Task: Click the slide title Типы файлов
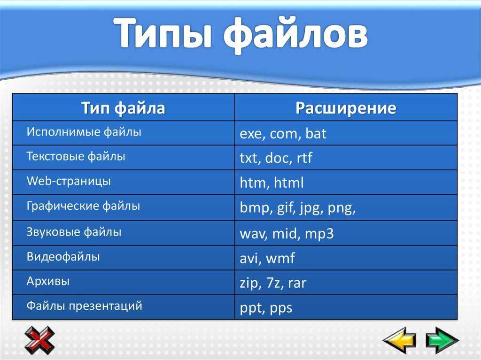tap(240, 35)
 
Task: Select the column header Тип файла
tap(124, 108)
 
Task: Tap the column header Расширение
tap(346, 108)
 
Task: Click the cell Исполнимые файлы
tap(84, 132)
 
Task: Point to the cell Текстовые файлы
tap(76, 156)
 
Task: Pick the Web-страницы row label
tap(69, 181)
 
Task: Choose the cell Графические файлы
tap(84, 206)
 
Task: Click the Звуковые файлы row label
tap(74, 231)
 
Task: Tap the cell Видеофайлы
tap(63, 257)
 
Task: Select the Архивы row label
tap(48, 282)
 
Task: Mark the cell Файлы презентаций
tap(85, 306)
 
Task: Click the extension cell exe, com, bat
tap(283, 134)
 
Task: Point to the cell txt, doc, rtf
tap(276, 159)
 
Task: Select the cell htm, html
tap(272, 183)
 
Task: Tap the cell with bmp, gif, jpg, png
tap(298, 208)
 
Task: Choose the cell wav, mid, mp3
tap(287, 233)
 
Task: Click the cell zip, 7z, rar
tap(273, 283)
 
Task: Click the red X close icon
tap(39, 340)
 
